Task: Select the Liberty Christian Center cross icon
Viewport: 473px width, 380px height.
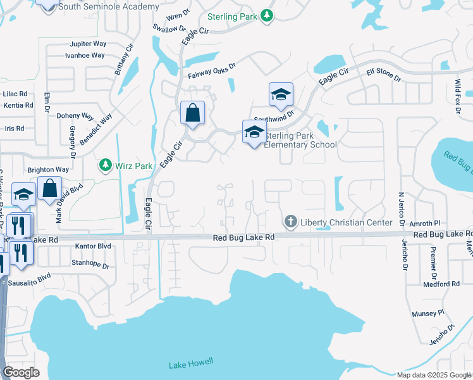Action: (x=291, y=222)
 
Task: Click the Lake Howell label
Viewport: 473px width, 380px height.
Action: (x=192, y=364)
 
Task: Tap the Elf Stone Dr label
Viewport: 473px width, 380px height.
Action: (x=384, y=75)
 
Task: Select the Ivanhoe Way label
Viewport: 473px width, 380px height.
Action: (x=85, y=55)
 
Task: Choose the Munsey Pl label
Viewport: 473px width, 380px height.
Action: (x=429, y=313)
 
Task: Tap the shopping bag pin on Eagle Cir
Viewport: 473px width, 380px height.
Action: (x=192, y=113)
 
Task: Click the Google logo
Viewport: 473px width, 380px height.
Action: (x=21, y=372)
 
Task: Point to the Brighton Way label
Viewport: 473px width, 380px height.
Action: (x=47, y=170)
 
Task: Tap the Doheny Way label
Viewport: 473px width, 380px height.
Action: (x=75, y=117)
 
